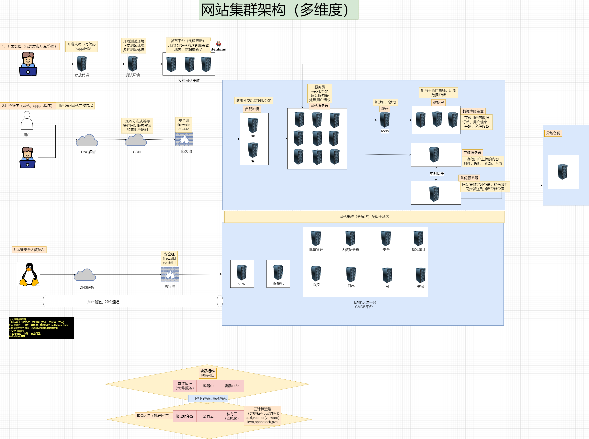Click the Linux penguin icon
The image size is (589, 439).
(29, 274)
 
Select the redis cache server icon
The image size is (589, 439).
(385, 120)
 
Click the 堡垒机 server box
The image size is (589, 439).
(278, 274)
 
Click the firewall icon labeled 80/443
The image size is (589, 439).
(184, 139)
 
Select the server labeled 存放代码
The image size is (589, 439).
(82, 64)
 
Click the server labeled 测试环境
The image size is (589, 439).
(133, 64)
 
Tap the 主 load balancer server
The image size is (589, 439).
(253, 125)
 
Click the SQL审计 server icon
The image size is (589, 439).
(418, 238)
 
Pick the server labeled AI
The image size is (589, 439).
(387, 275)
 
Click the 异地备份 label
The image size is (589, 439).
(553, 133)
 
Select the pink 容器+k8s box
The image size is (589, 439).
(232, 386)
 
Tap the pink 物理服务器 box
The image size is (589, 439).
(185, 416)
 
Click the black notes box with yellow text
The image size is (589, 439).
(41, 328)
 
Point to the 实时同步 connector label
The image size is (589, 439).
(437, 174)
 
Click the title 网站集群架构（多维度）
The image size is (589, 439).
(278, 10)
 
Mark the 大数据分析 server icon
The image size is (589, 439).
(350, 238)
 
